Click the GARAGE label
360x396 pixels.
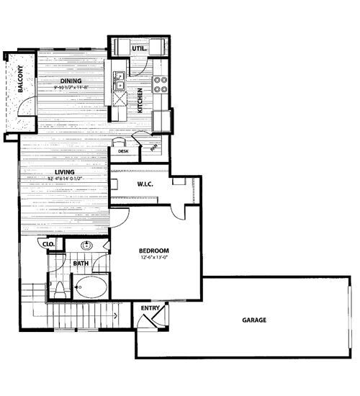tap(253, 320)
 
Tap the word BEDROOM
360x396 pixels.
tap(155, 251)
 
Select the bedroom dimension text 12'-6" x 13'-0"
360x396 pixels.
tap(155, 258)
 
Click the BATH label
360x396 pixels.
tap(81, 264)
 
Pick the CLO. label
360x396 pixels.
tap(50, 246)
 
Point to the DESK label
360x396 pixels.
tap(124, 151)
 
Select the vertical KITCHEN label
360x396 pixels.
tap(141, 99)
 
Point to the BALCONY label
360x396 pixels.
tap(22, 80)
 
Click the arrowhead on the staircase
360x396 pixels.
tap(116, 315)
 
